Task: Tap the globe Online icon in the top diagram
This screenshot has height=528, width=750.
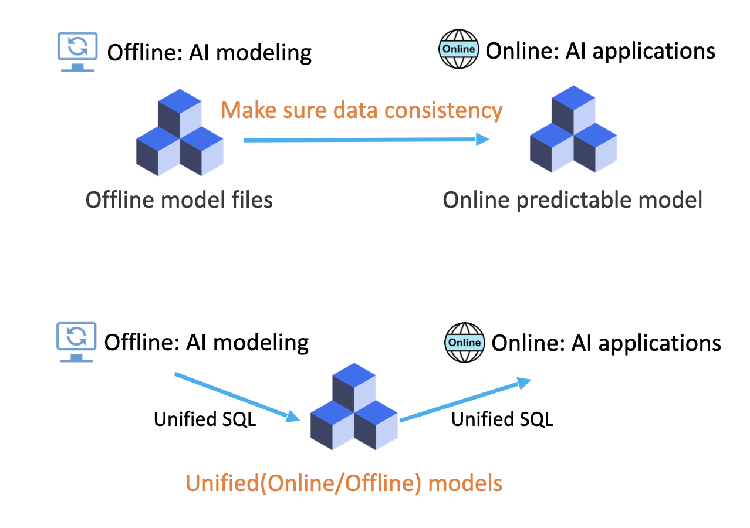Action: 458,49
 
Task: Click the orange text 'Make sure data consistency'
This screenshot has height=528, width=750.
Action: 362,110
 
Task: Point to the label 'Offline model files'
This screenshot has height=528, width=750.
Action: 179,200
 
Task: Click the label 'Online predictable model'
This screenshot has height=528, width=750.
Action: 572,200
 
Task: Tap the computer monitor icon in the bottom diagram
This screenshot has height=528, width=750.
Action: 76,341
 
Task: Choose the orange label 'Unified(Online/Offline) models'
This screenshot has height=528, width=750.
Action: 344,483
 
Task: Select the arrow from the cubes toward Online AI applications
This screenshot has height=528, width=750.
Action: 465,401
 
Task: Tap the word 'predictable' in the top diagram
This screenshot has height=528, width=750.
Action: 576,200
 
